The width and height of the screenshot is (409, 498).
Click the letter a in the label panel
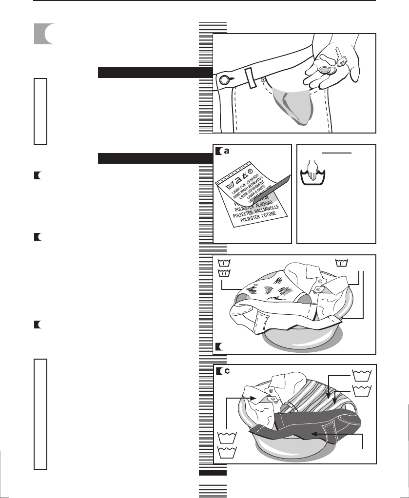(x=226, y=152)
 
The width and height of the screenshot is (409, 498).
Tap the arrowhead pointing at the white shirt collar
(x=254, y=398)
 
